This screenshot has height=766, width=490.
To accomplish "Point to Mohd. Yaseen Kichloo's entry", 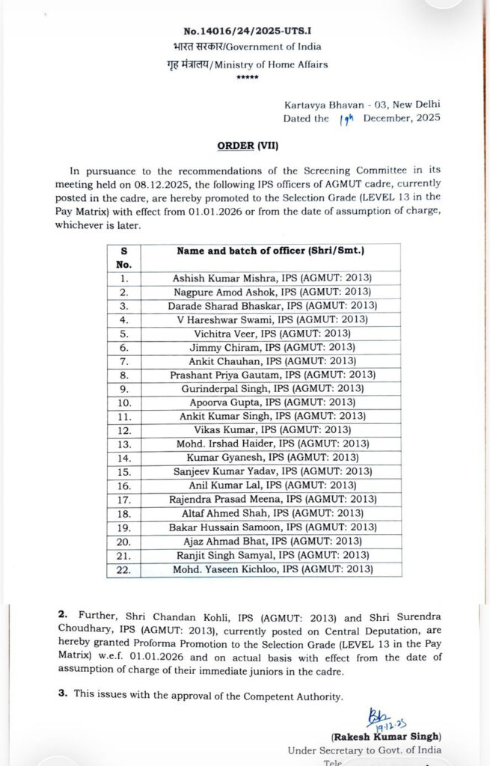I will coord(272,569).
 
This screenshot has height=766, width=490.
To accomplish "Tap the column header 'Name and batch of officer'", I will coord(275,251).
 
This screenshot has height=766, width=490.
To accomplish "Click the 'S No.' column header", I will coord(124,257).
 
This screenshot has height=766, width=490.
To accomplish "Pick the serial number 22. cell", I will coord(124,569).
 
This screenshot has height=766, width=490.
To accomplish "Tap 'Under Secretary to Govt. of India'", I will coord(364,750).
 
